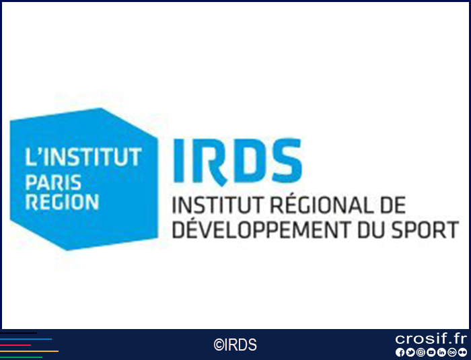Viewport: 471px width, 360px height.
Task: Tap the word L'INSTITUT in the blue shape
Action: [83, 157]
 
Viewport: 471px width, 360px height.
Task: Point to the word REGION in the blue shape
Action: [62, 202]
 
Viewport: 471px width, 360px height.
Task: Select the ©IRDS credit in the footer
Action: [235, 345]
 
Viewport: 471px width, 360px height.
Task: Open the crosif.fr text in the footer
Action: [431, 338]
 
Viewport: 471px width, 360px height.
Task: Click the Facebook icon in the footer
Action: [400, 352]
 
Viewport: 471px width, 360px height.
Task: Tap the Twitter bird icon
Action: [410, 352]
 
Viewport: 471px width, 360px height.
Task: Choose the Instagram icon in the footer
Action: [421, 352]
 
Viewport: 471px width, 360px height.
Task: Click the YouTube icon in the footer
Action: [431, 352]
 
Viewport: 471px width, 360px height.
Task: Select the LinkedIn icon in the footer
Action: [441, 352]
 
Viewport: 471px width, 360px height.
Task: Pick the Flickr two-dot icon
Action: [462, 352]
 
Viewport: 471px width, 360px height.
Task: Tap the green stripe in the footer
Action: [21, 357]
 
